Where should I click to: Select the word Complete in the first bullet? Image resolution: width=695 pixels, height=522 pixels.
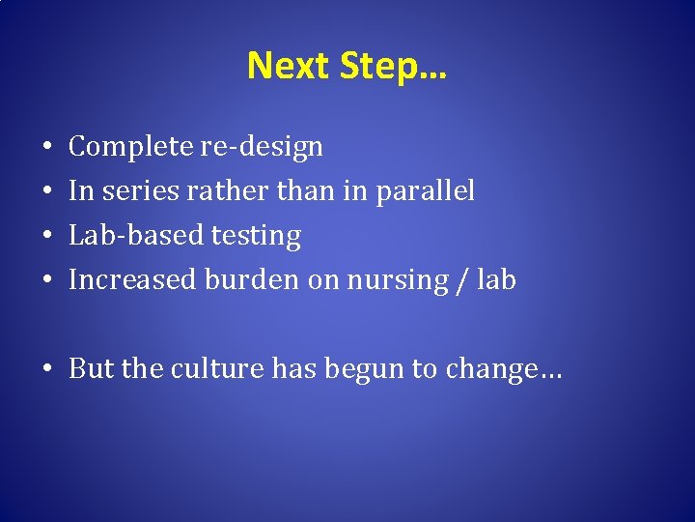click(130, 147)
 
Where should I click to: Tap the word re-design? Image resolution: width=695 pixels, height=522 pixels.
click(261, 147)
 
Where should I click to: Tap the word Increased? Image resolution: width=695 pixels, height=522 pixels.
click(132, 280)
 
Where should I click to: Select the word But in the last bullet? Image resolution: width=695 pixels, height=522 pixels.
click(90, 369)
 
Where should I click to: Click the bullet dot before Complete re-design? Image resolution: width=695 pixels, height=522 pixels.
click(47, 148)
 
